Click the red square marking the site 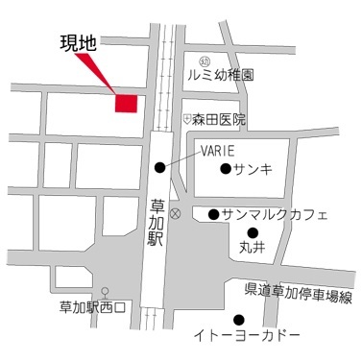click(x=127, y=104)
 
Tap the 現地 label click(x=80, y=43)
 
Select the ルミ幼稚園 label click(x=220, y=74)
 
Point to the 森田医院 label click(x=218, y=120)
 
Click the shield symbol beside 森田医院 click(x=186, y=119)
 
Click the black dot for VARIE click(x=159, y=168)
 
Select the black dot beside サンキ click(x=226, y=169)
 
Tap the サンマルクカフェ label click(x=275, y=213)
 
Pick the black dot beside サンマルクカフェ click(x=212, y=213)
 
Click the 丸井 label click(x=252, y=249)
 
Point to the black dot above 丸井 click(x=253, y=231)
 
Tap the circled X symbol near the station click(x=175, y=211)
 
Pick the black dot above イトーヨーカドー click(x=239, y=320)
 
